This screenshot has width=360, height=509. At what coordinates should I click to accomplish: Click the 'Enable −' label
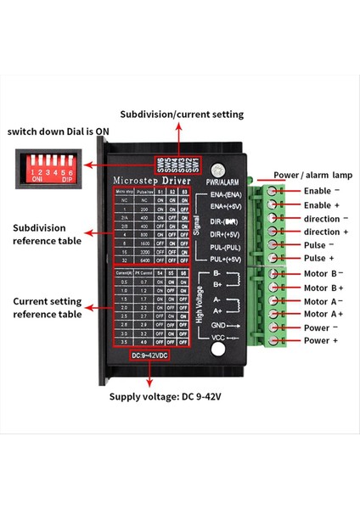(321, 191)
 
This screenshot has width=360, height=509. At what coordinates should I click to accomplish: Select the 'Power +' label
(320, 340)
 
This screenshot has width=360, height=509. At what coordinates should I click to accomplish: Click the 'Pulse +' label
(319, 258)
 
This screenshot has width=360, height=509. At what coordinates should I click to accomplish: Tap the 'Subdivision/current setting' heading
(181, 114)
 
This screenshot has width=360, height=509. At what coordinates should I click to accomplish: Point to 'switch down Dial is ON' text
(58, 131)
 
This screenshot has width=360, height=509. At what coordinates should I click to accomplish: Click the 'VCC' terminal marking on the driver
(217, 338)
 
